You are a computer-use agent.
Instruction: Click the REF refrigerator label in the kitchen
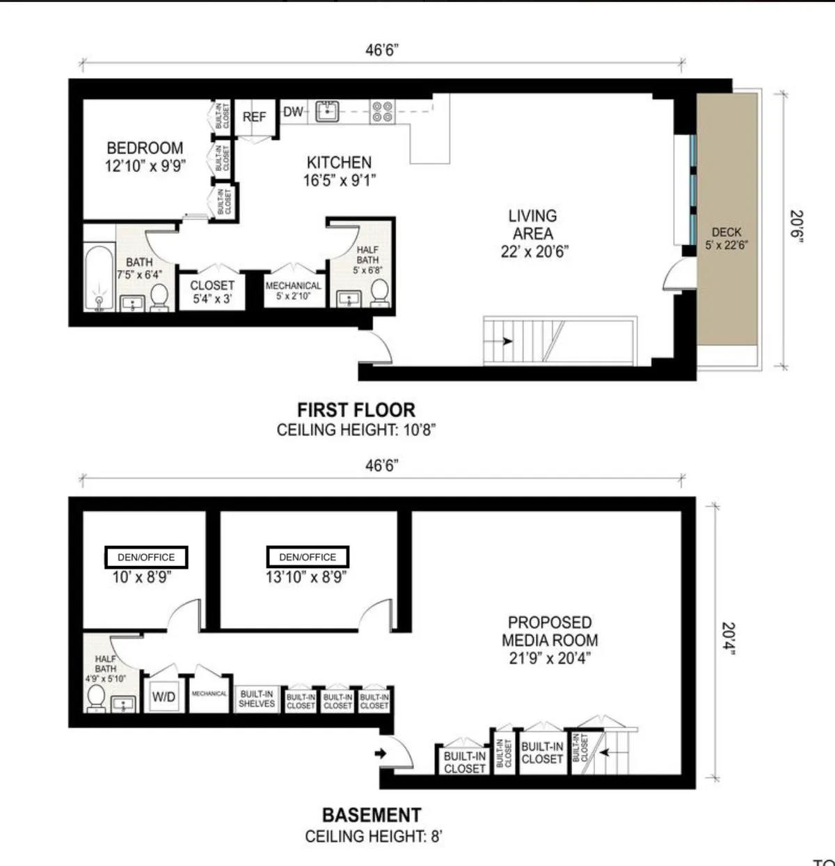[x=254, y=117]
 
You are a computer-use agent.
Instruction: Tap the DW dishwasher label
[x=293, y=111]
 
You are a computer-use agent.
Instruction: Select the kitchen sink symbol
[x=326, y=111]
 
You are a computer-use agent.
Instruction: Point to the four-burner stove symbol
[x=382, y=111]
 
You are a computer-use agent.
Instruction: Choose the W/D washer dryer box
[x=164, y=697]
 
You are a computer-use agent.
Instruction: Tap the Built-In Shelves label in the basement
[x=257, y=699]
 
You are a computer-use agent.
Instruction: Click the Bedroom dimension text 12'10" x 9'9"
[x=145, y=166]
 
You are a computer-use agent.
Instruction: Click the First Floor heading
[x=356, y=410]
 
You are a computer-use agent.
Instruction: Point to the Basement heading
[x=372, y=815]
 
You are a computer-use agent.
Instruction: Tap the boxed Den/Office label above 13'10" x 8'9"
[x=308, y=557]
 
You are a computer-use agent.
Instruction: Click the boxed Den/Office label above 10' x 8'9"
[x=146, y=557]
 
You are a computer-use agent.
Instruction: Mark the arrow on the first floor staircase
[x=507, y=341]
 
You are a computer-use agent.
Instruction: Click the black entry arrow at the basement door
[x=380, y=753]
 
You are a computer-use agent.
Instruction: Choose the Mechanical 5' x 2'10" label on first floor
[x=294, y=290]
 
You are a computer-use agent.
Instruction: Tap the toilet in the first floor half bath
[x=379, y=292]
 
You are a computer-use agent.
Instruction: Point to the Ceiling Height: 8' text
[x=373, y=836]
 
